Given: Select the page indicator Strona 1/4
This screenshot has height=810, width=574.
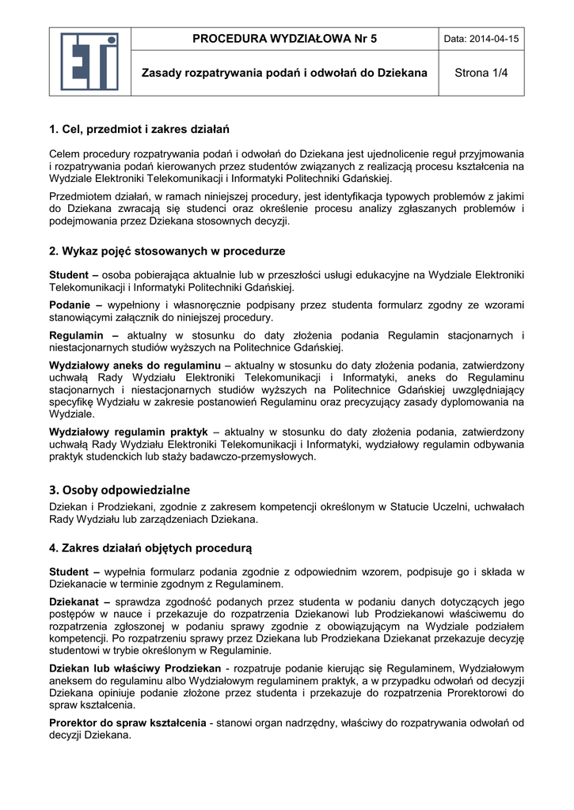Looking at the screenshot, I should point(481,73).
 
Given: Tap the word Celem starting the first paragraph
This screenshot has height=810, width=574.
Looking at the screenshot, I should point(66,153).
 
